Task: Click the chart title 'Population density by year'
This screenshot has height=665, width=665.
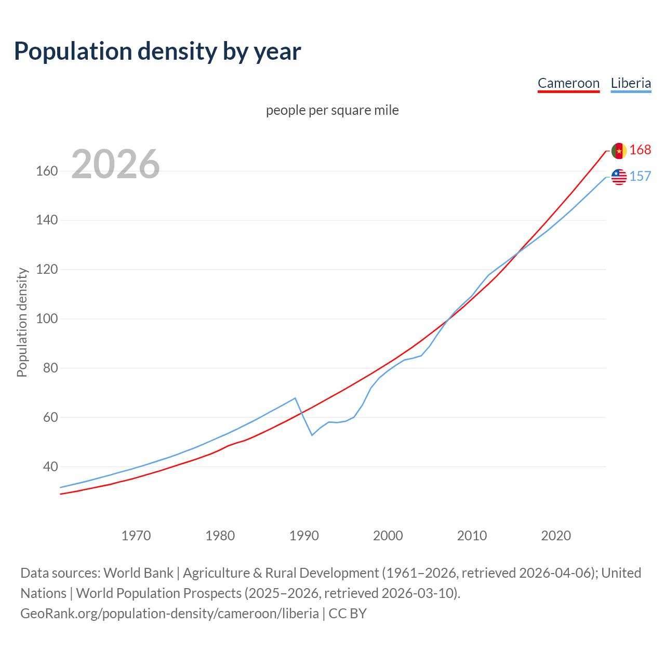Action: (x=157, y=51)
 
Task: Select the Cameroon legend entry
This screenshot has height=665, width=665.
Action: (x=568, y=83)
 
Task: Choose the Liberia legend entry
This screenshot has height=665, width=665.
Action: (x=631, y=83)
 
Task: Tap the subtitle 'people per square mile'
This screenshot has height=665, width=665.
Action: (x=332, y=110)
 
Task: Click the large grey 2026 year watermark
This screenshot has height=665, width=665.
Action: (x=115, y=164)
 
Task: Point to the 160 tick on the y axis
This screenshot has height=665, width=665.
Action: (x=47, y=171)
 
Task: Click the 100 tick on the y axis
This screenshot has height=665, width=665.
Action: (x=47, y=318)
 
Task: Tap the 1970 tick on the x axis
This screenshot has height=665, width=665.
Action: (x=136, y=536)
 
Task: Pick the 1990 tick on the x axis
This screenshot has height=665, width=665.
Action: (x=304, y=536)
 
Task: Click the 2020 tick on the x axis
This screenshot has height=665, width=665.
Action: (x=556, y=536)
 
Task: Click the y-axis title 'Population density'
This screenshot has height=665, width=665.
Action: (x=22, y=322)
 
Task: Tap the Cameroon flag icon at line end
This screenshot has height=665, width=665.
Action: (x=619, y=151)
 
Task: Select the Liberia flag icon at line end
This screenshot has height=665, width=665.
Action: (x=619, y=177)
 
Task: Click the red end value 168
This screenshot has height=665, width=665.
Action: (x=640, y=150)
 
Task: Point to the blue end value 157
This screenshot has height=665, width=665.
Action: (x=640, y=176)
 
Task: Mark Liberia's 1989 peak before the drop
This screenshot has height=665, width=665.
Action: (x=295, y=398)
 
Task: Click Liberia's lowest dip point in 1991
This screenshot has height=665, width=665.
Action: (x=312, y=435)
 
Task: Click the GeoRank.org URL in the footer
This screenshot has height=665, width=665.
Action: (x=169, y=614)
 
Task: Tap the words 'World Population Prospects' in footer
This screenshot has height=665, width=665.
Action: (x=159, y=593)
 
